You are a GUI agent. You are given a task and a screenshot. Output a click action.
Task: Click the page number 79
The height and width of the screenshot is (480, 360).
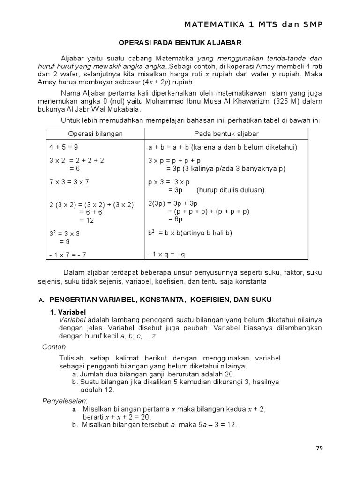[319, 448]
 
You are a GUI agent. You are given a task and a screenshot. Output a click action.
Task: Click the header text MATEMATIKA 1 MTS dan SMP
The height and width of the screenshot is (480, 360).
[254, 24]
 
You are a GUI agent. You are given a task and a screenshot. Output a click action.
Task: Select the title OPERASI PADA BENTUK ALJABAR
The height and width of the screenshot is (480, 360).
[180, 43]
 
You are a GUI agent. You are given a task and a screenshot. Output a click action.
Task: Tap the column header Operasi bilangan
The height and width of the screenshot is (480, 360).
[96, 134]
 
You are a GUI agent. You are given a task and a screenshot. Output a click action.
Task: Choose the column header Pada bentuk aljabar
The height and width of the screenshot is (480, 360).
[226, 134]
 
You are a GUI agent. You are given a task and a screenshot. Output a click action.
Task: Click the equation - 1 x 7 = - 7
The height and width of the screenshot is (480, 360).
[68, 255]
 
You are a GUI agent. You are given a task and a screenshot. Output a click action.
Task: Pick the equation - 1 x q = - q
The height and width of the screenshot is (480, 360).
[166, 254]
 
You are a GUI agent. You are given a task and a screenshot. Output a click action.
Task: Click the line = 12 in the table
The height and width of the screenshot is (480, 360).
[87, 220]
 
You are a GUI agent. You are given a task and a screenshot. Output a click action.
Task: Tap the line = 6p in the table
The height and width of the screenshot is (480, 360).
[175, 219]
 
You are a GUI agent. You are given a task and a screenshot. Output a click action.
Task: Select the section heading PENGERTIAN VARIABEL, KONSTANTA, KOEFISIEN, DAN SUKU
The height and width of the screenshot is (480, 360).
[160, 300]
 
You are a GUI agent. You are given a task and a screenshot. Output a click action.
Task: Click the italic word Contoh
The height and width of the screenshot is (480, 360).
[54, 347]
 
